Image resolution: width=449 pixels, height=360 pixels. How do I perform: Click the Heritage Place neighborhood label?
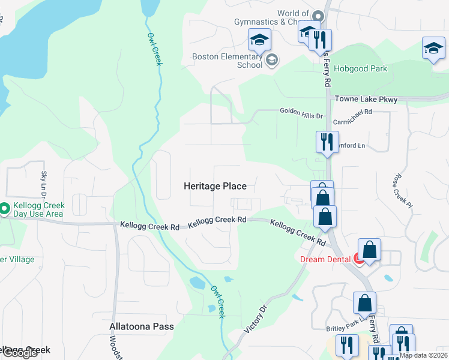pyautogui.click(x=215, y=187)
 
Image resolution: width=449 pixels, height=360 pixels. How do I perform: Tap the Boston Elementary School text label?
pyautogui.click(x=228, y=61)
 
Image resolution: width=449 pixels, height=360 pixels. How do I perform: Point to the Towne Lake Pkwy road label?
pyautogui.click(x=366, y=100)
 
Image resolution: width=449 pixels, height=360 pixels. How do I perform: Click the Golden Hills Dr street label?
pyautogui.click(x=301, y=112)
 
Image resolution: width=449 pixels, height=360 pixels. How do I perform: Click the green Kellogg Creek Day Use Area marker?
pyautogui.click(x=4, y=209)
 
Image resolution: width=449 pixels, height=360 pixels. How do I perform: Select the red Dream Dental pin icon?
pyautogui.click(x=359, y=259)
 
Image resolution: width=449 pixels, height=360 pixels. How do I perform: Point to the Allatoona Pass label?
pyautogui.click(x=142, y=327)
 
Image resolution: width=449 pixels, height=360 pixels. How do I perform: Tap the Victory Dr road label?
pyautogui.click(x=255, y=320)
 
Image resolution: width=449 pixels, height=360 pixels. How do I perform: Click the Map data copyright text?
pyautogui.click(x=424, y=355)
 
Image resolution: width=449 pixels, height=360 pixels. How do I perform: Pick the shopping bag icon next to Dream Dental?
pyautogui.click(x=370, y=250)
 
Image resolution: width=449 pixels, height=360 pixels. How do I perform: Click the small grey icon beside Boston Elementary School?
pyautogui.click(x=271, y=59)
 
